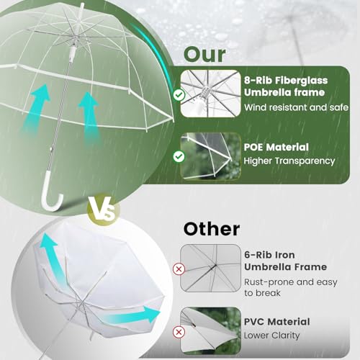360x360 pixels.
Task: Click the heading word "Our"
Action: tap(204, 54)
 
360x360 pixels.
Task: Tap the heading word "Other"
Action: tap(211, 230)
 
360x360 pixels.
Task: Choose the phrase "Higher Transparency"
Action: tap(289, 161)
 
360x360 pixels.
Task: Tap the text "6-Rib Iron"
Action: tap(269, 255)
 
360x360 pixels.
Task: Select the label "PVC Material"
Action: tap(276, 322)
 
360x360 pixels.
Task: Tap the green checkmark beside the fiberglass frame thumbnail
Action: tap(179, 94)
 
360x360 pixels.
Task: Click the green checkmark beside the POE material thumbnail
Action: tap(179, 156)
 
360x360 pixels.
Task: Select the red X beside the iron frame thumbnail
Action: tap(179, 269)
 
